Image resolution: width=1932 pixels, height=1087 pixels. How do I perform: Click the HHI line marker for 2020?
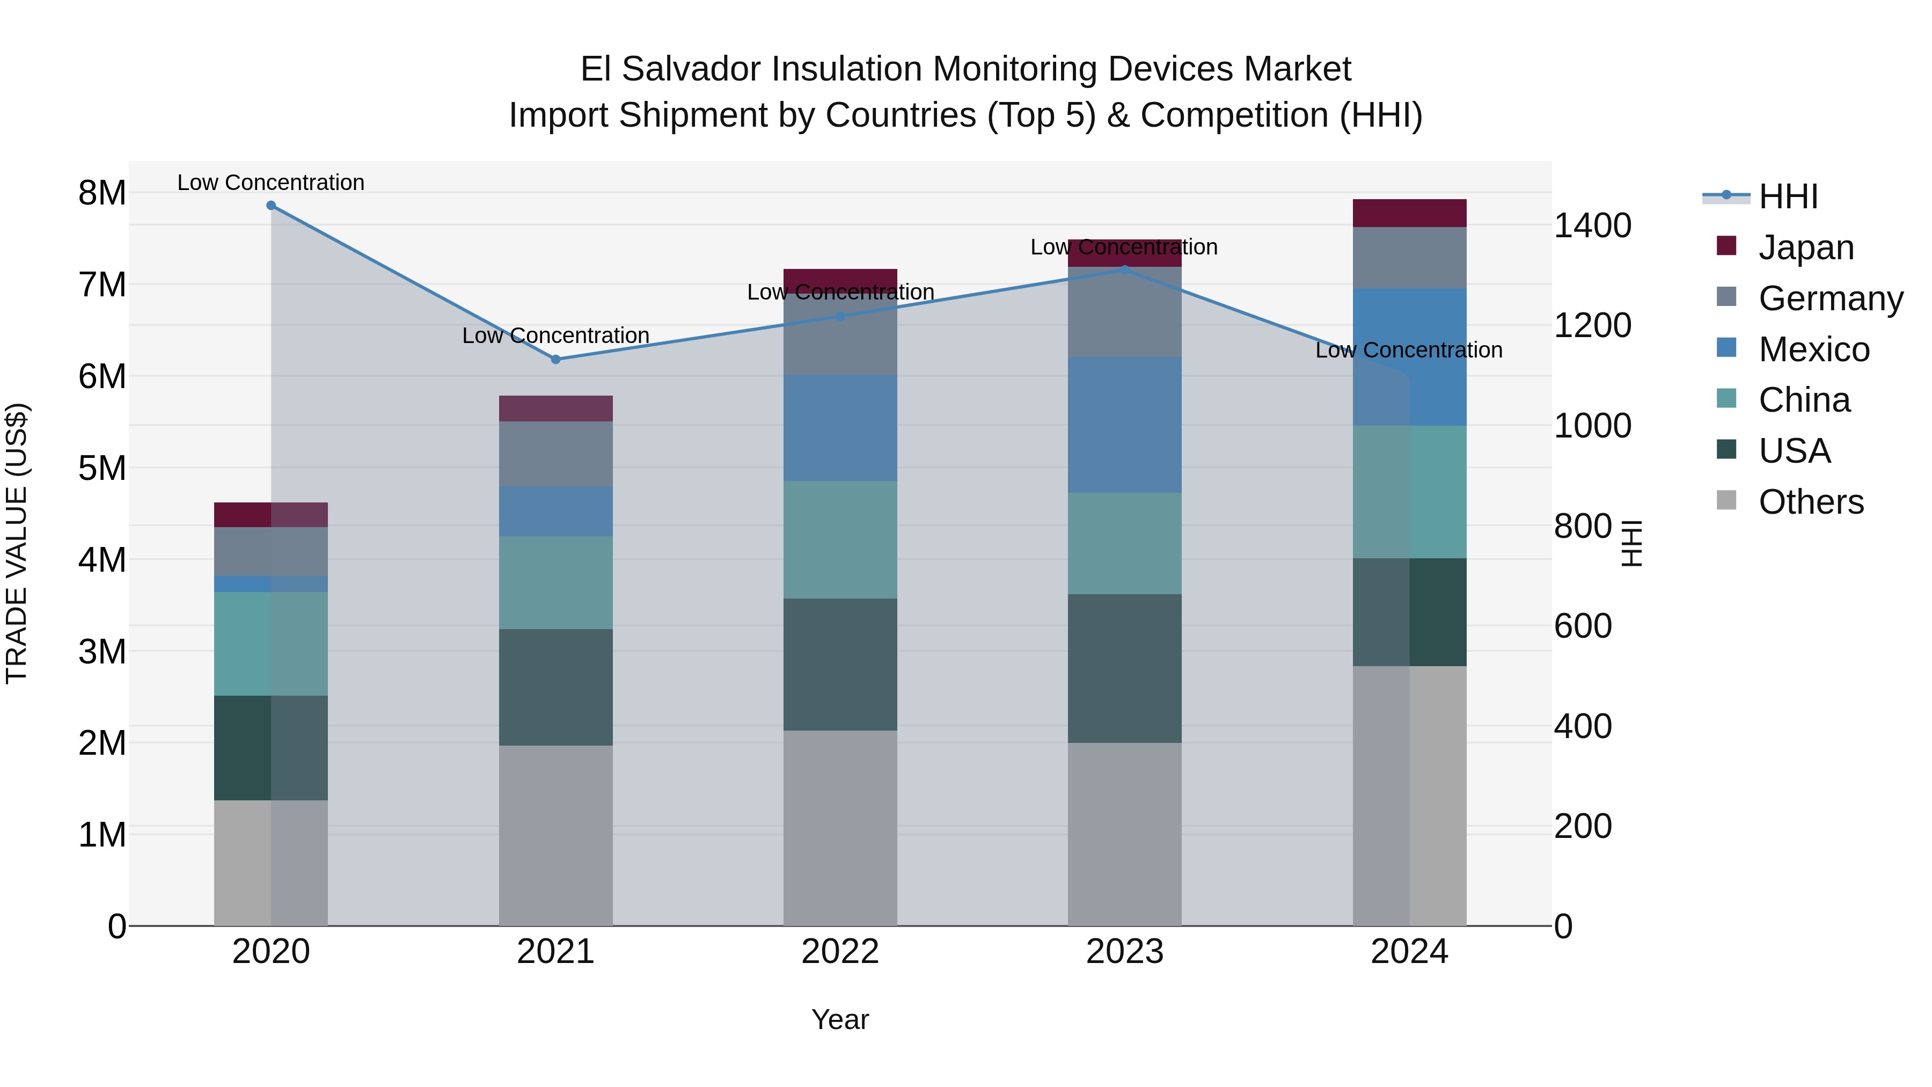tap(271, 206)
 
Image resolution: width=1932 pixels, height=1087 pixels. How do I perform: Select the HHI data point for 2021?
tap(556, 359)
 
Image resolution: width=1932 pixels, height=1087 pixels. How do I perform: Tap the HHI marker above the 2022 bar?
tap(840, 317)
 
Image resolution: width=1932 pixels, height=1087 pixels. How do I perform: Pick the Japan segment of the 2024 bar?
tap(1409, 213)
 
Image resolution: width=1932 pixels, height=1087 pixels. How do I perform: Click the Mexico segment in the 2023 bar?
tap(1124, 425)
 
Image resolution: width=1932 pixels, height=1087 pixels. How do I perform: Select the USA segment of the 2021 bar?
tap(556, 687)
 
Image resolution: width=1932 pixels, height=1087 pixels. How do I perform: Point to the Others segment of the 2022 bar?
tap(840, 828)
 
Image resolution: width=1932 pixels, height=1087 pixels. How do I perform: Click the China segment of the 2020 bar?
tap(271, 644)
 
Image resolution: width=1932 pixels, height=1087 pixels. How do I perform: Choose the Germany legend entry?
tap(1830, 298)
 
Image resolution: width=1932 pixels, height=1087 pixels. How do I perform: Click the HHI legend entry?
tap(1788, 196)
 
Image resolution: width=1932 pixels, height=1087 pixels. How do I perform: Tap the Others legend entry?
tap(1811, 502)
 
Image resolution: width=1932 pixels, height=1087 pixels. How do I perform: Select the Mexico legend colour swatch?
tap(1726, 347)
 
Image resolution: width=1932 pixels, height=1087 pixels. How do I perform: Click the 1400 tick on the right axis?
tap(1592, 226)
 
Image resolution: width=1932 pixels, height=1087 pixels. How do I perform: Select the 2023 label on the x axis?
tap(1124, 952)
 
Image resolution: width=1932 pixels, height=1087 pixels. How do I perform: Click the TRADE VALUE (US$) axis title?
tap(17, 543)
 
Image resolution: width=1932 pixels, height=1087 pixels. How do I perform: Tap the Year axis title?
tap(840, 1019)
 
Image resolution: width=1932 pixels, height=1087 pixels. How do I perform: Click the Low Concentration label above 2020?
tap(271, 183)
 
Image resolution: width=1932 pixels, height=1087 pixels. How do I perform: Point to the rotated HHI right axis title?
tap(1632, 543)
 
